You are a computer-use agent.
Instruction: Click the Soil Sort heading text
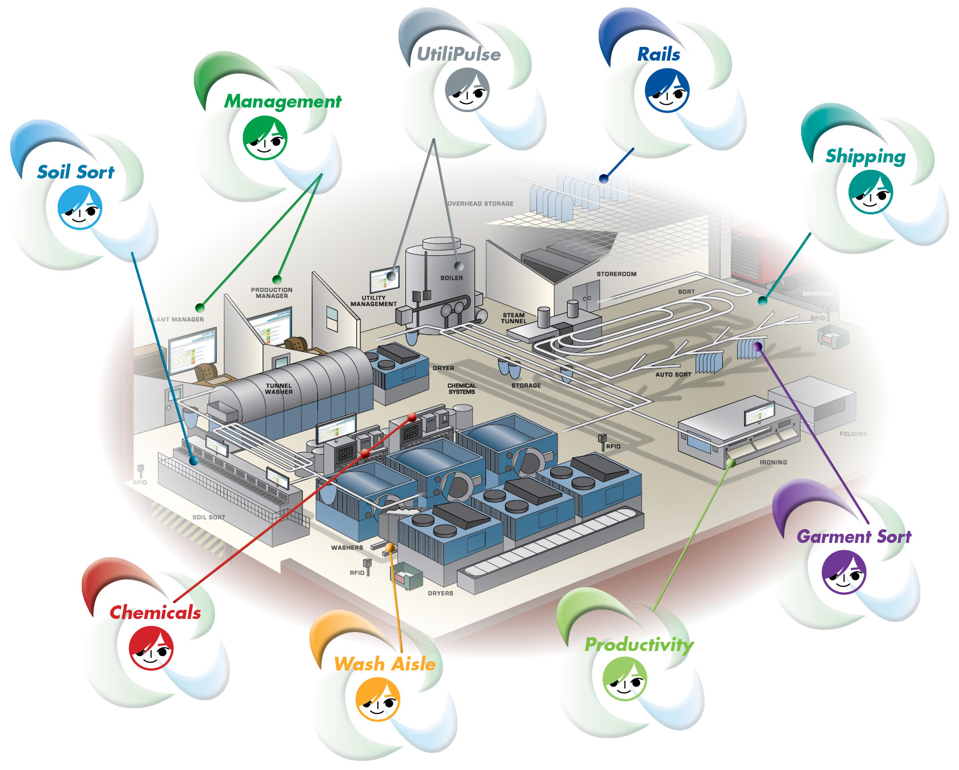tap(75, 172)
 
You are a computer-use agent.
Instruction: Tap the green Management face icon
tap(265, 138)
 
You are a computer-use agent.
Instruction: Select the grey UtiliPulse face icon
tap(467, 90)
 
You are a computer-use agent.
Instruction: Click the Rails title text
tap(659, 54)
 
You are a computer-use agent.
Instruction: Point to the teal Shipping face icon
tap(870, 192)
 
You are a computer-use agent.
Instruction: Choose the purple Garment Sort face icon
tap(844, 572)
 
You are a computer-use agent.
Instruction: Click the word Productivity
tap(639, 645)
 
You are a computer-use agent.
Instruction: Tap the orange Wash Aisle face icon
tap(377, 699)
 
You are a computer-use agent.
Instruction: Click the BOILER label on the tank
tap(452, 278)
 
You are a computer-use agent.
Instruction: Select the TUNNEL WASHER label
tap(278, 389)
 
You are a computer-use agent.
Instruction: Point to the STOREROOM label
tap(616, 274)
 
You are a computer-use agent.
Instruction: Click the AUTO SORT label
tap(673, 375)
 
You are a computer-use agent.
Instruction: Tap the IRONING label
tap(773, 462)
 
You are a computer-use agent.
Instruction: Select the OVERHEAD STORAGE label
tap(480, 204)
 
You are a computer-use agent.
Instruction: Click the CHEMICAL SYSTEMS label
tap(461, 389)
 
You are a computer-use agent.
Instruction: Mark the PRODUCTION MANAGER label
tap(272, 293)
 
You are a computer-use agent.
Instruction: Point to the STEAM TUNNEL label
tap(514, 318)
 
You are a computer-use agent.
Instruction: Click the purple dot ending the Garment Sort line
tap(758, 346)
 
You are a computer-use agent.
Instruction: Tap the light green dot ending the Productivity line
tap(731, 463)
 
